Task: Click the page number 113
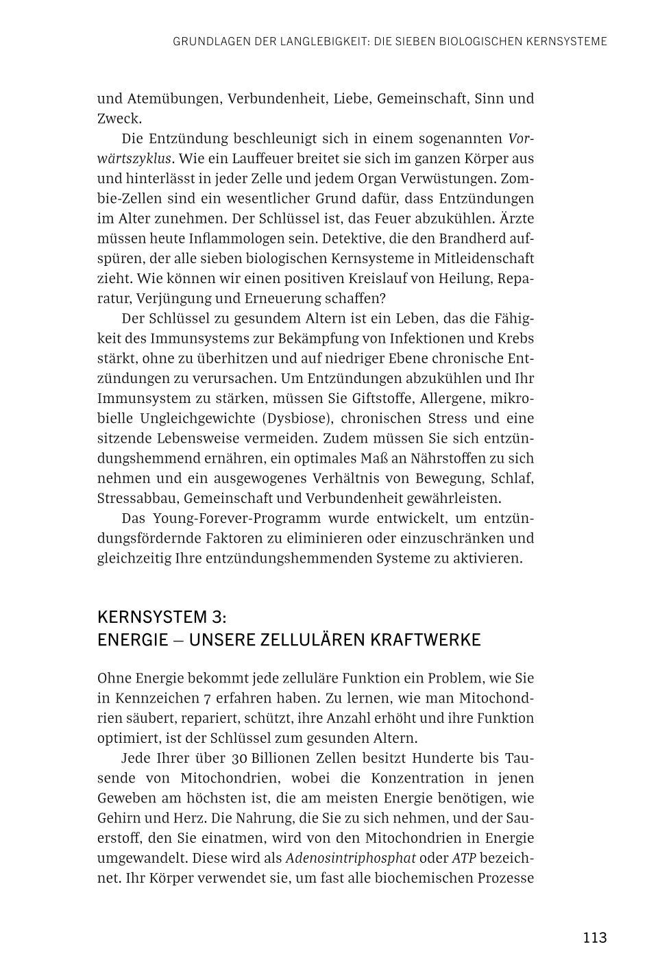(594, 937)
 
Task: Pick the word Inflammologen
(225, 238)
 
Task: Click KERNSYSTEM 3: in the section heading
(161, 615)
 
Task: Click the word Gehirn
(120, 818)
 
